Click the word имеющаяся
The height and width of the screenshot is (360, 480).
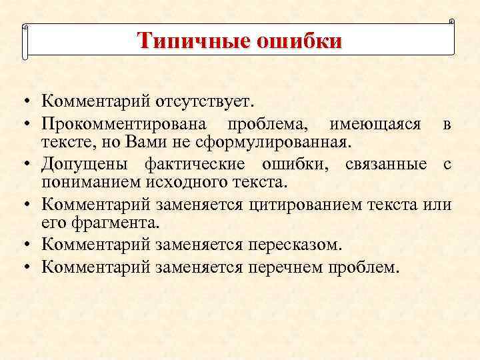click(375, 123)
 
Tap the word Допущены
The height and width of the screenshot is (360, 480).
click(84, 164)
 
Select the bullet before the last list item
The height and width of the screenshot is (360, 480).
click(24, 267)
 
